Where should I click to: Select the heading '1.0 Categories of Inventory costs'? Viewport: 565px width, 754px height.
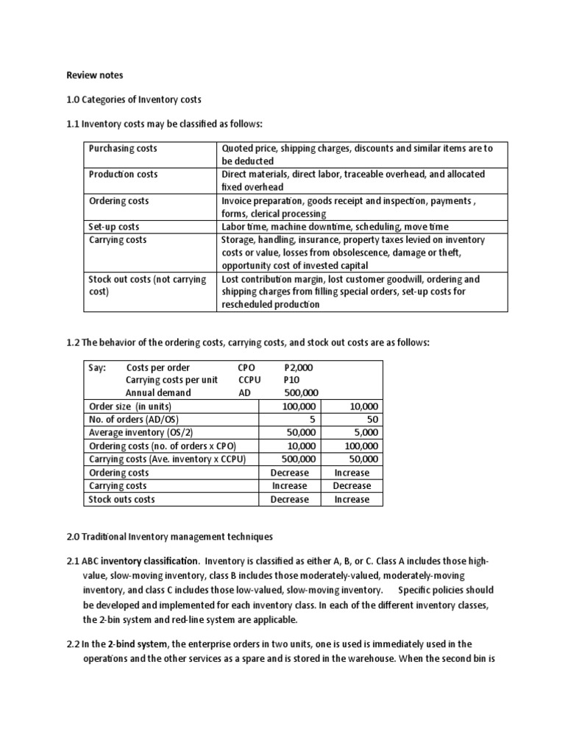pyautogui.click(x=134, y=99)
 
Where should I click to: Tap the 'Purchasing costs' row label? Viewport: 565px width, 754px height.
pyautogui.click(x=123, y=148)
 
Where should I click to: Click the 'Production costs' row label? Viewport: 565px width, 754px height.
pyautogui.click(x=123, y=175)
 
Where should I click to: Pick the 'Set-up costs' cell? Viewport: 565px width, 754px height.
pyautogui.click(x=114, y=227)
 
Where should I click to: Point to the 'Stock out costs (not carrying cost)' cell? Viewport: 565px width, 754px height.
pyautogui.click(x=147, y=286)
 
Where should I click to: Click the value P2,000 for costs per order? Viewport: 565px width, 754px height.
pyautogui.click(x=298, y=367)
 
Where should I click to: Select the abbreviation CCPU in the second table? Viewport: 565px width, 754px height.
pyautogui.click(x=249, y=380)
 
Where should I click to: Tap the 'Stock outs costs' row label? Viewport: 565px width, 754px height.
pyautogui.click(x=121, y=499)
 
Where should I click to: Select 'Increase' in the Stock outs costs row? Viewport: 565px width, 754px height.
pyautogui.click(x=352, y=499)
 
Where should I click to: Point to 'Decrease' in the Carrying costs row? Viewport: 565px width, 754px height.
pyautogui.click(x=352, y=486)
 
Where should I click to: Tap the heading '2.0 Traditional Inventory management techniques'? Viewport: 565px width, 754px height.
pyautogui.click(x=169, y=538)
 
